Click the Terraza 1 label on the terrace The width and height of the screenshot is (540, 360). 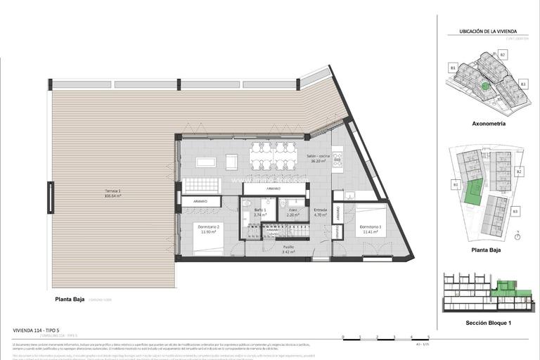(x=112, y=193)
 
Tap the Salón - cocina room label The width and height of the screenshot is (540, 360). (x=320, y=157)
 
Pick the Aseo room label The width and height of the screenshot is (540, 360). (x=292, y=213)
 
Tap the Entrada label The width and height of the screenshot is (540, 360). (x=321, y=212)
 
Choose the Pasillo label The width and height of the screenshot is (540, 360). (x=269, y=248)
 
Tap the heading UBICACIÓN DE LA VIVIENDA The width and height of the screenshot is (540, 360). (x=488, y=31)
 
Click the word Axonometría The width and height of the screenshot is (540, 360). (x=488, y=124)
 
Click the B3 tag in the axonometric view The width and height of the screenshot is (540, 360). (x=522, y=83)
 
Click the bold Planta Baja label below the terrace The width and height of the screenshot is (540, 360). (x=70, y=299)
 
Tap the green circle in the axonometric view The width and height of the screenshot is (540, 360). (x=484, y=86)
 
